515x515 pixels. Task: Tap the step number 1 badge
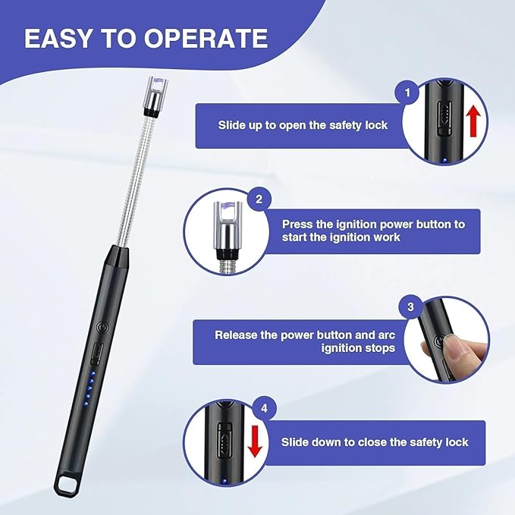407,93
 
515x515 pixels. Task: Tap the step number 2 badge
259,200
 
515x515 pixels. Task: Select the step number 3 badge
410,307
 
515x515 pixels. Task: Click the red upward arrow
474,122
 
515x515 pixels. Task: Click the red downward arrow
255,441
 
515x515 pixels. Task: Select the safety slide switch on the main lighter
98,353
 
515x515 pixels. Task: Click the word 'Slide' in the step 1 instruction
233,125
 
